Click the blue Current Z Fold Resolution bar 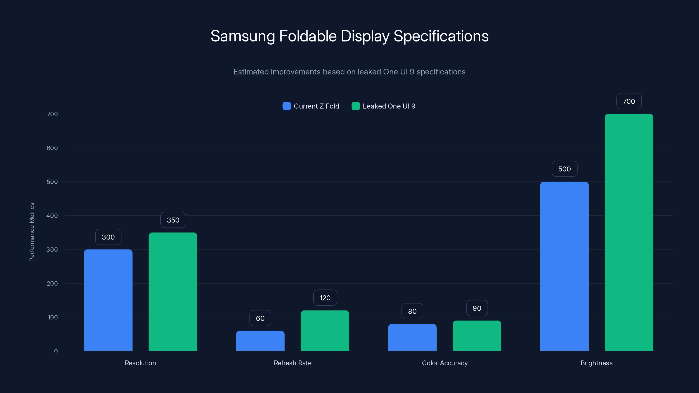pyautogui.click(x=108, y=300)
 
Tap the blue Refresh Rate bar pyautogui.click(x=260, y=341)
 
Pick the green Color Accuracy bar pyautogui.click(x=477, y=336)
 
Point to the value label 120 pyautogui.click(x=325, y=298)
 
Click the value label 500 pyautogui.click(x=564, y=169)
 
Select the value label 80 pyautogui.click(x=412, y=311)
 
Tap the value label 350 pyautogui.click(x=173, y=220)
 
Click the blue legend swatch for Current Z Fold pyautogui.click(x=287, y=106)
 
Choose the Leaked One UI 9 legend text pyautogui.click(x=389, y=106)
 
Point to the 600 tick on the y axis pyautogui.click(x=52, y=148)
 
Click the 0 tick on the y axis pyautogui.click(x=56, y=351)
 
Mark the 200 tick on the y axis pyautogui.click(x=52, y=283)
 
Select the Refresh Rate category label pyautogui.click(x=292, y=363)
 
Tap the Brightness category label pyautogui.click(x=596, y=363)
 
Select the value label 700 pyautogui.click(x=629, y=101)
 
